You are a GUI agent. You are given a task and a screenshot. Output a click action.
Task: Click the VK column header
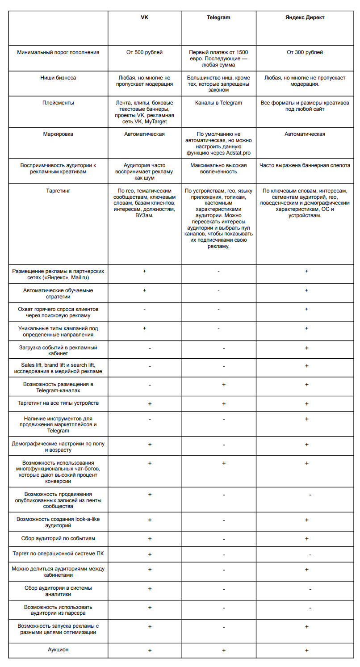click(x=144, y=17)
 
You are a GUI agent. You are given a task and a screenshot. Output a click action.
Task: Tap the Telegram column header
click(x=218, y=17)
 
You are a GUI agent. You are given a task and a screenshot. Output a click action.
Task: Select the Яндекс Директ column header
click(x=306, y=17)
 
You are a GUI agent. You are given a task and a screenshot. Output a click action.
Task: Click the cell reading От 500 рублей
click(x=144, y=52)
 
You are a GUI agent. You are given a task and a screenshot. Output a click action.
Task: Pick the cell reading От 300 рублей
click(x=306, y=52)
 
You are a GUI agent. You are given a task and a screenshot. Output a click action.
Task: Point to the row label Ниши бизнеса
click(x=58, y=78)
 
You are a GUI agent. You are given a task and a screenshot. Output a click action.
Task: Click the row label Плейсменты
click(x=58, y=103)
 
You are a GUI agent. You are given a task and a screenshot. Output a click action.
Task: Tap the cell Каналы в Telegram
click(x=218, y=103)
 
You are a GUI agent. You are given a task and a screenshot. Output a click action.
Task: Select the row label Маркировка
click(x=58, y=134)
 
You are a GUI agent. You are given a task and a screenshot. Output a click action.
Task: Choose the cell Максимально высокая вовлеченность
click(x=218, y=168)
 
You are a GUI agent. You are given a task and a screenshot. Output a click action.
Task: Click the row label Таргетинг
click(x=58, y=191)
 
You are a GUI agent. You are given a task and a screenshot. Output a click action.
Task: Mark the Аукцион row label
click(x=58, y=650)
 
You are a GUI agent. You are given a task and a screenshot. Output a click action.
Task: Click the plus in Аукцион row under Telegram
click(x=223, y=650)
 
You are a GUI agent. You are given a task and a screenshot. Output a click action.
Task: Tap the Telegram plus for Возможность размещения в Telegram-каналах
click(x=223, y=384)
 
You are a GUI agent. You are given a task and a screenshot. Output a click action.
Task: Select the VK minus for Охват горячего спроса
click(x=144, y=309)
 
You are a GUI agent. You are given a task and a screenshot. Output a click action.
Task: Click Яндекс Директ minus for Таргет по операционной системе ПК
click(x=310, y=554)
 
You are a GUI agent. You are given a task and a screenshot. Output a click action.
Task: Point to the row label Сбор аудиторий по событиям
click(x=58, y=538)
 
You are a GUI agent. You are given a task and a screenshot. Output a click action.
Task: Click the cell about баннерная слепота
click(x=306, y=165)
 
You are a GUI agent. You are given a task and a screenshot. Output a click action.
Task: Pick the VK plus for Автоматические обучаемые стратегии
click(x=144, y=290)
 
